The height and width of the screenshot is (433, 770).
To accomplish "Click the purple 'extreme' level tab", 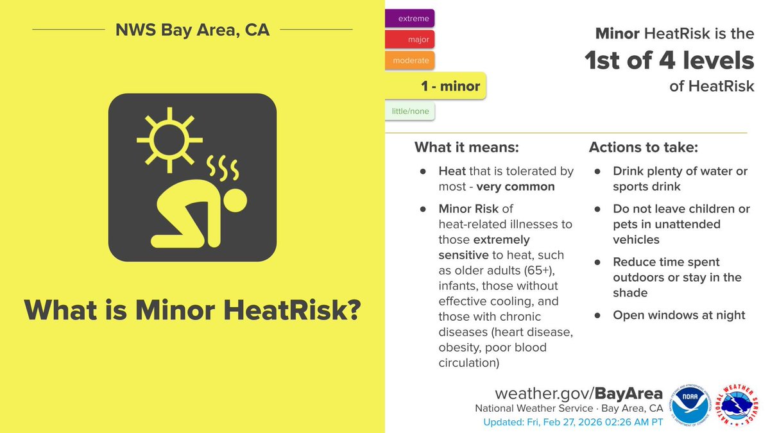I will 409,19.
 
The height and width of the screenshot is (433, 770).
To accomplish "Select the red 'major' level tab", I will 410,40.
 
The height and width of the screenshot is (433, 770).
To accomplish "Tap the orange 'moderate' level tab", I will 409,60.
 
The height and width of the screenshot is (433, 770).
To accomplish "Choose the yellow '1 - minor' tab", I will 436,86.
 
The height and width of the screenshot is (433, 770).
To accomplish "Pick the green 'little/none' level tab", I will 410,112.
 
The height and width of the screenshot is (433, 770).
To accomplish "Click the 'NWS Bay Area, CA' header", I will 193,30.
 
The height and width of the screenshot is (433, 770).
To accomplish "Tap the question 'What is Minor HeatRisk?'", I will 193,310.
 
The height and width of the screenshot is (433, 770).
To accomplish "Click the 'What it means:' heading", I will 466,148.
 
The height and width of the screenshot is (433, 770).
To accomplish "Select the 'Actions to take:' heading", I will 644,148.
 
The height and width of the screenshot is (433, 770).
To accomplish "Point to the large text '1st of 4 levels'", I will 669,61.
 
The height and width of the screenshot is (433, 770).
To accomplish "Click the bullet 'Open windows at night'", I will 679,315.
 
